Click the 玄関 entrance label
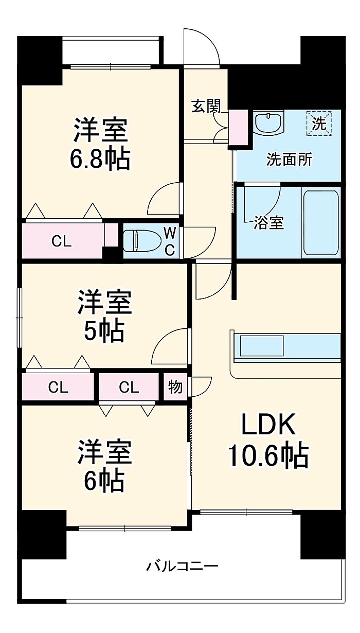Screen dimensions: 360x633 [x=205, y=106]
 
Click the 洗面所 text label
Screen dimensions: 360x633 [x=290, y=160]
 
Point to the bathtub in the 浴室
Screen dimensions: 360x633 [x=321, y=223]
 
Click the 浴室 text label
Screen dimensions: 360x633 [x=269, y=222]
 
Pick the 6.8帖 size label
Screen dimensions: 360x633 [x=100, y=160]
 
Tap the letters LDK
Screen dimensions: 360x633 [x=268, y=425]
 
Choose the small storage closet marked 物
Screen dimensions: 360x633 [x=175, y=387]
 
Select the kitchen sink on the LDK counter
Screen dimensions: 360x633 [x=261, y=346]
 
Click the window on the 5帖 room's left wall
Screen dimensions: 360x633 [x=19, y=318]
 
